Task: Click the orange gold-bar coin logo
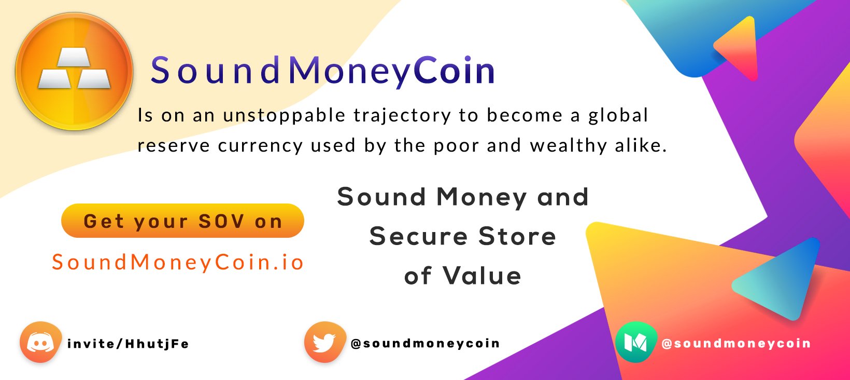pyautogui.click(x=74, y=72)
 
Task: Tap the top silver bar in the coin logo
pyautogui.click(x=74, y=58)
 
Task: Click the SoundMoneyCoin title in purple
pyautogui.click(x=323, y=71)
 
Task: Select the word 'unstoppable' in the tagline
pyautogui.click(x=284, y=116)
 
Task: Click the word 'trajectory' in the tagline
pyautogui.click(x=402, y=116)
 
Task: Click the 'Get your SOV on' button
pyautogui.click(x=182, y=221)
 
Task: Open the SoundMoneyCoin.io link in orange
pyautogui.click(x=178, y=262)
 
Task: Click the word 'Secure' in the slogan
pyautogui.click(x=419, y=236)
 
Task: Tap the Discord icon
pyautogui.click(x=40, y=343)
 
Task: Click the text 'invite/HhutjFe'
pyautogui.click(x=128, y=344)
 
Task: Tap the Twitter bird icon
pyautogui.click(x=325, y=343)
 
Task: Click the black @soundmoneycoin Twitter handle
pyautogui.click(x=425, y=344)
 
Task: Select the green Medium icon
pyautogui.click(x=636, y=343)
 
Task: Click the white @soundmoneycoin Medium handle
pyautogui.click(x=736, y=344)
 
